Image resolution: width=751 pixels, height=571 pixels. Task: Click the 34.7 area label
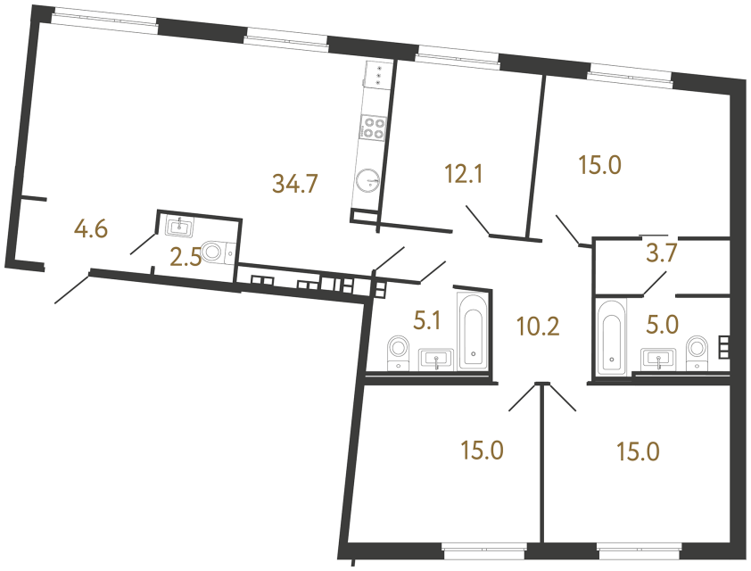[x=294, y=185]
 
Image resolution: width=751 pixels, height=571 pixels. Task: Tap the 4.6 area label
[x=91, y=230]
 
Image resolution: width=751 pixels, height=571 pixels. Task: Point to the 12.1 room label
[x=464, y=174]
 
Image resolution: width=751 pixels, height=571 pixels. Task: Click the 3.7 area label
[x=663, y=252]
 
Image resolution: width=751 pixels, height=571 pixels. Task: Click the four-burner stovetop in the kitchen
[x=373, y=128]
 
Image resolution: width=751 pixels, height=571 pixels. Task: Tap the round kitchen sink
[x=367, y=181]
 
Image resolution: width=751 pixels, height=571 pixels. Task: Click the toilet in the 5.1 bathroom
[x=397, y=350]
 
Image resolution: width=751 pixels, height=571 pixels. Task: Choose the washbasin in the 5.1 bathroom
[x=436, y=359]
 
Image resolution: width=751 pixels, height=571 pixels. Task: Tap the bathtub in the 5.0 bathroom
[x=612, y=338]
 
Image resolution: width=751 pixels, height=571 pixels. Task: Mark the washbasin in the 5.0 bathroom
[x=660, y=359]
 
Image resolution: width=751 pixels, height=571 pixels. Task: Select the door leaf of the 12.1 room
[x=477, y=220]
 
